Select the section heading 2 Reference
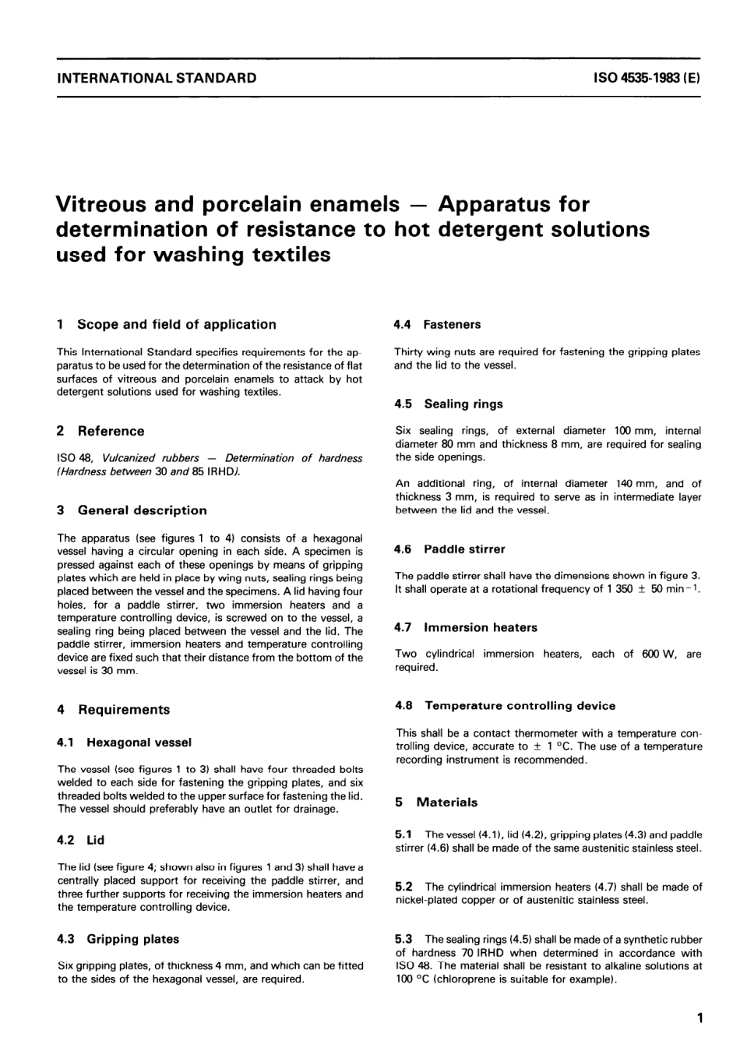point(101,431)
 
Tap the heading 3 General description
point(132,510)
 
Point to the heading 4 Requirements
point(114,710)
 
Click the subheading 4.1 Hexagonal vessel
point(125,743)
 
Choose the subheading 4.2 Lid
point(81,840)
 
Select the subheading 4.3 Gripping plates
point(118,939)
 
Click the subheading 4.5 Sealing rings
point(449,404)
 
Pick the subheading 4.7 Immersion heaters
point(466,627)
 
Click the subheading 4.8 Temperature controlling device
point(506,706)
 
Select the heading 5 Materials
point(437,803)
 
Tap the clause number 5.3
point(404,940)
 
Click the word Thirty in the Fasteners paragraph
point(409,352)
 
